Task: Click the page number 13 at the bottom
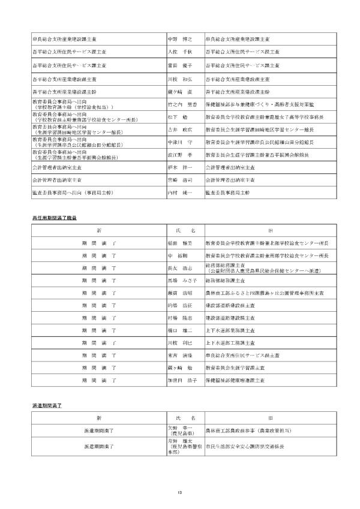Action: pyautogui.click(x=179, y=493)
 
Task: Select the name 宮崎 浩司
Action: pyautogui.click(x=179, y=180)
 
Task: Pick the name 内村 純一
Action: pyautogui.click(x=179, y=193)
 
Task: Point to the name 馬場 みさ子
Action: pyautogui.click(x=182, y=280)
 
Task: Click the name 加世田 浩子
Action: pyautogui.click(x=182, y=381)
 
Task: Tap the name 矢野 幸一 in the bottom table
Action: pyautogui.click(x=179, y=428)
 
